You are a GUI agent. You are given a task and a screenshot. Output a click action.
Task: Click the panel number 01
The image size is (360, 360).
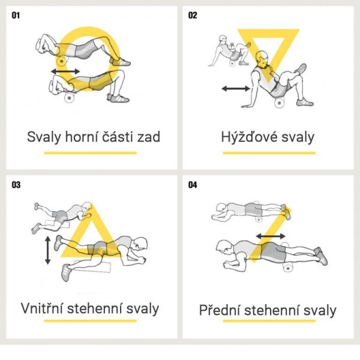point(16,16)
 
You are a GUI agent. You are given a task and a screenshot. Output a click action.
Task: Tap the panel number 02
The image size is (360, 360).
point(193,16)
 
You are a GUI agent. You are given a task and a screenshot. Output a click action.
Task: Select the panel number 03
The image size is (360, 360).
point(16,185)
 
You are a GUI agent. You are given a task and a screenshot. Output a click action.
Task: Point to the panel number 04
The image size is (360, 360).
point(193,185)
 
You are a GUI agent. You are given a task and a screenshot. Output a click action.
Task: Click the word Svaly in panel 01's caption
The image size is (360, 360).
point(44,137)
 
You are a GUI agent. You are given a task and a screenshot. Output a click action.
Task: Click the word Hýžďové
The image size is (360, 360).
point(249,137)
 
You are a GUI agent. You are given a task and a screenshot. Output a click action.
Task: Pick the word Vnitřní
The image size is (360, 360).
point(41,308)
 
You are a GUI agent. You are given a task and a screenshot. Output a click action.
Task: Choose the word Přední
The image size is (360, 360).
point(220,310)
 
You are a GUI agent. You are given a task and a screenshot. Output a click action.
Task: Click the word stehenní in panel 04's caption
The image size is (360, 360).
point(272,310)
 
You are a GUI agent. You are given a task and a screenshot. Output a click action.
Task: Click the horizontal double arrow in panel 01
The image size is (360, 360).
point(65,71)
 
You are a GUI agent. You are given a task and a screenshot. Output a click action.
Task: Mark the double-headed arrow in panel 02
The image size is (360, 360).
point(236,88)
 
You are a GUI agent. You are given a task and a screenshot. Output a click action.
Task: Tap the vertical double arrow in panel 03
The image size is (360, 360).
point(48,250)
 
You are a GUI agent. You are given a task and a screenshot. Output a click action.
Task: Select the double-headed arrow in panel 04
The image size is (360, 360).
point(271,236)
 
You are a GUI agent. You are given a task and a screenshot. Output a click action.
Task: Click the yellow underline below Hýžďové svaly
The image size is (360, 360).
point(269,153)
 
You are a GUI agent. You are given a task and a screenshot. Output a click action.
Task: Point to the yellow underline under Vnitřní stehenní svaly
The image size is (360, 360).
point(91,321)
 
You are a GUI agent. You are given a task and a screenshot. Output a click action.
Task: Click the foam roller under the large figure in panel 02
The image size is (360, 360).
point(280,103)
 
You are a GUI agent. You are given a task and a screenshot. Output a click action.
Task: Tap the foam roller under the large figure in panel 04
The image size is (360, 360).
point(288,268)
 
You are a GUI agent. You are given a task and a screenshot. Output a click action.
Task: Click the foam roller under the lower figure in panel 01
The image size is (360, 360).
point(69,98)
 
